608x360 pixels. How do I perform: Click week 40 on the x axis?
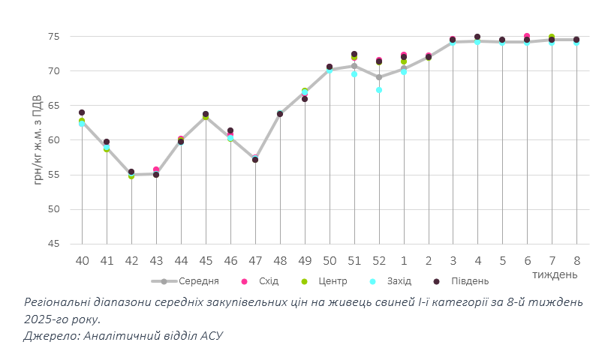pos(82,260)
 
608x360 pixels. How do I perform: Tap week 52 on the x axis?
pos(379,260)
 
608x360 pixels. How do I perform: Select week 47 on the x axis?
pos(255,260)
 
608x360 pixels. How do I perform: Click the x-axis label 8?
pos(577,260)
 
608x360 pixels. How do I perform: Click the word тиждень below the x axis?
pos(555,274)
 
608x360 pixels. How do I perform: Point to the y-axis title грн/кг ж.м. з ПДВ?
pos(38,140)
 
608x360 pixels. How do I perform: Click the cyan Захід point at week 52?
pos(379,90)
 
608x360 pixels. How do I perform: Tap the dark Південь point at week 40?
pos(82,112)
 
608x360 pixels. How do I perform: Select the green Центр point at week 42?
pos(131,176)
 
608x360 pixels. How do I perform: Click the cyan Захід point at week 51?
pos(354,74)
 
